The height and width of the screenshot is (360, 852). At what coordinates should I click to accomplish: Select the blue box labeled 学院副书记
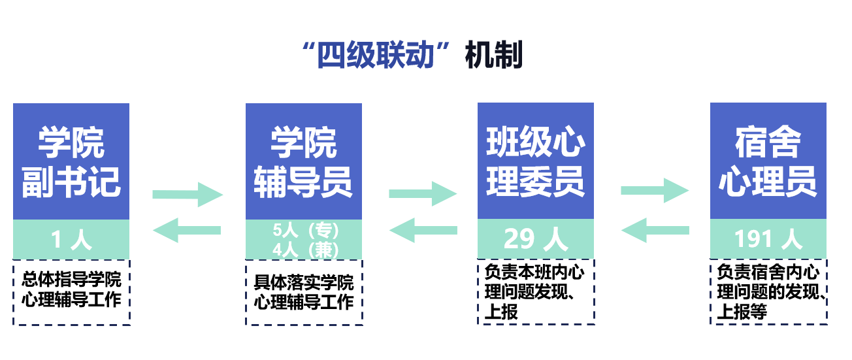pyautogui.click(x=71, y=161)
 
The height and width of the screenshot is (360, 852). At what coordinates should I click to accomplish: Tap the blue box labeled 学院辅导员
pyautogui.click(x=304, y=161)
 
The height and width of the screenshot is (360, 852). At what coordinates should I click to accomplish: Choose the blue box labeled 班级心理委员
pyautogui.click(x=536, y=161)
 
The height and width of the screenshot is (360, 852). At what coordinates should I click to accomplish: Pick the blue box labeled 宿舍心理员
pyautogui.click(x=768, y=161)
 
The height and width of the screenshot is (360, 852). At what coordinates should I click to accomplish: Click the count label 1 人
pyautogui.click(x=71, y=240)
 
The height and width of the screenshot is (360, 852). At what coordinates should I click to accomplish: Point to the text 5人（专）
pyautogui.click(x=304, y=230)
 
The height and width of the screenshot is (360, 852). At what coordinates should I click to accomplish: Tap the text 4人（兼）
pyautogui.click(x=304, y=250)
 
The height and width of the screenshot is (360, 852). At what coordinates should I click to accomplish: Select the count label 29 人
pyautogui.click(x=536, y=240)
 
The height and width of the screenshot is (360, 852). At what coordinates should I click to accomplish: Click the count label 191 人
pyautogui.click(x=768, y=240)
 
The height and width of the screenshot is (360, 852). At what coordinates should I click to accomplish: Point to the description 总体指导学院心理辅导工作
pyautogui.click(x=71, y=290)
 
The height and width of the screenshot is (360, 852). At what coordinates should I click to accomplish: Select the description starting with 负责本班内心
pyautogui.click(x=536, y=291)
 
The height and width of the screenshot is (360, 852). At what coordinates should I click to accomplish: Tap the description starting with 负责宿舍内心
pyautogui.click(x=768, y=291)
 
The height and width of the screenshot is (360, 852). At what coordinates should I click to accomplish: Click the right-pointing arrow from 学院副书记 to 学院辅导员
pyautogui.click(x=188, y=194)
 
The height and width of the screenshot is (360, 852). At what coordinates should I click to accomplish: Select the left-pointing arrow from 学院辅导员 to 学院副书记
pyautogui.click(x=188, y=230)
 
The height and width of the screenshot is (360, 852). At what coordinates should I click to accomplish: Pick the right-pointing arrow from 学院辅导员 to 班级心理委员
pyautogui.click(x=423, y=194)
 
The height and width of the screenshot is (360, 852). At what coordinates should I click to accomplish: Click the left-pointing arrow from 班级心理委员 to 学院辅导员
pyautogui.click(x=423, y=230)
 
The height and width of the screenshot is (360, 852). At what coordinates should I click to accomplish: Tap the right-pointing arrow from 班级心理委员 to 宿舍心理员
pyautogui.click(x=655, y=191)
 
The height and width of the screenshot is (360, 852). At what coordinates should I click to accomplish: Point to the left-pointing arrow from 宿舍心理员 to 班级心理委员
pyautogui.click(x=655, y=230)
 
